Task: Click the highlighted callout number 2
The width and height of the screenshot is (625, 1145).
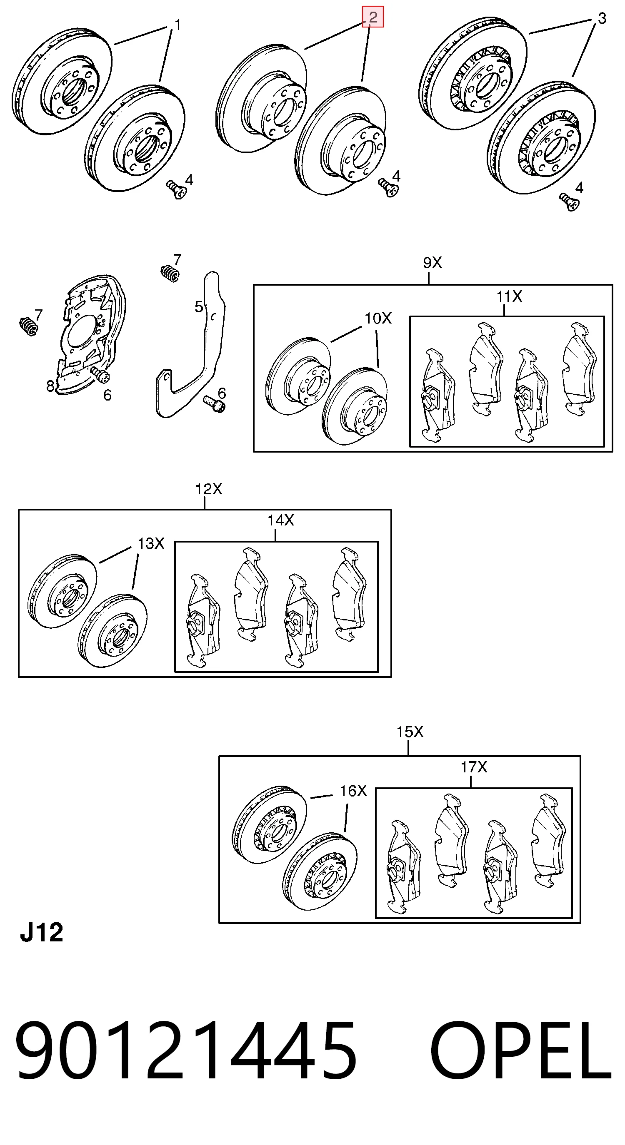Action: coord(373,17)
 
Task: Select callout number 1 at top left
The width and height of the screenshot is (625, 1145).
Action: coord(177,25)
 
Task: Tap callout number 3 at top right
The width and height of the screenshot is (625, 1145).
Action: coord(601,18)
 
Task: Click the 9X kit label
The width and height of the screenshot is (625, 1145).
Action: coord(432,263)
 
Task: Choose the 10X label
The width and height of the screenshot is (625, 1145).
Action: coord(377,318)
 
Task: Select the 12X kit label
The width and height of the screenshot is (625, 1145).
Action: coord(208,489)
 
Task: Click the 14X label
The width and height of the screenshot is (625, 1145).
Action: coord(281,520)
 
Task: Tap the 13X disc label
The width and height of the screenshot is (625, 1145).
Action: coord(151,543)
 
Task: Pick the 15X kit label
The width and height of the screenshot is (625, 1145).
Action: coord(410,731)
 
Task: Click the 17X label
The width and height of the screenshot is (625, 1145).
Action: coord(474,767)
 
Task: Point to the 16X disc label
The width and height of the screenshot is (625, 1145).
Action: coord(353,790)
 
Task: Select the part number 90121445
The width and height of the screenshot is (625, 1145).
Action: coord(186,1052)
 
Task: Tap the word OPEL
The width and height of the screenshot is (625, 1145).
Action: coord(521,1052)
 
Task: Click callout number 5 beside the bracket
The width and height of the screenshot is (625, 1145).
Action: coord(199,306)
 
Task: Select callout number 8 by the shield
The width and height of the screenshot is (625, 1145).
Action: coord(50,386)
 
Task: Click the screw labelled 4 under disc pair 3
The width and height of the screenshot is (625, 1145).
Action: coord(570,202)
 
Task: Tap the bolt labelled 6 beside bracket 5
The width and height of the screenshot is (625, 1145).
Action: coord(215,403)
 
